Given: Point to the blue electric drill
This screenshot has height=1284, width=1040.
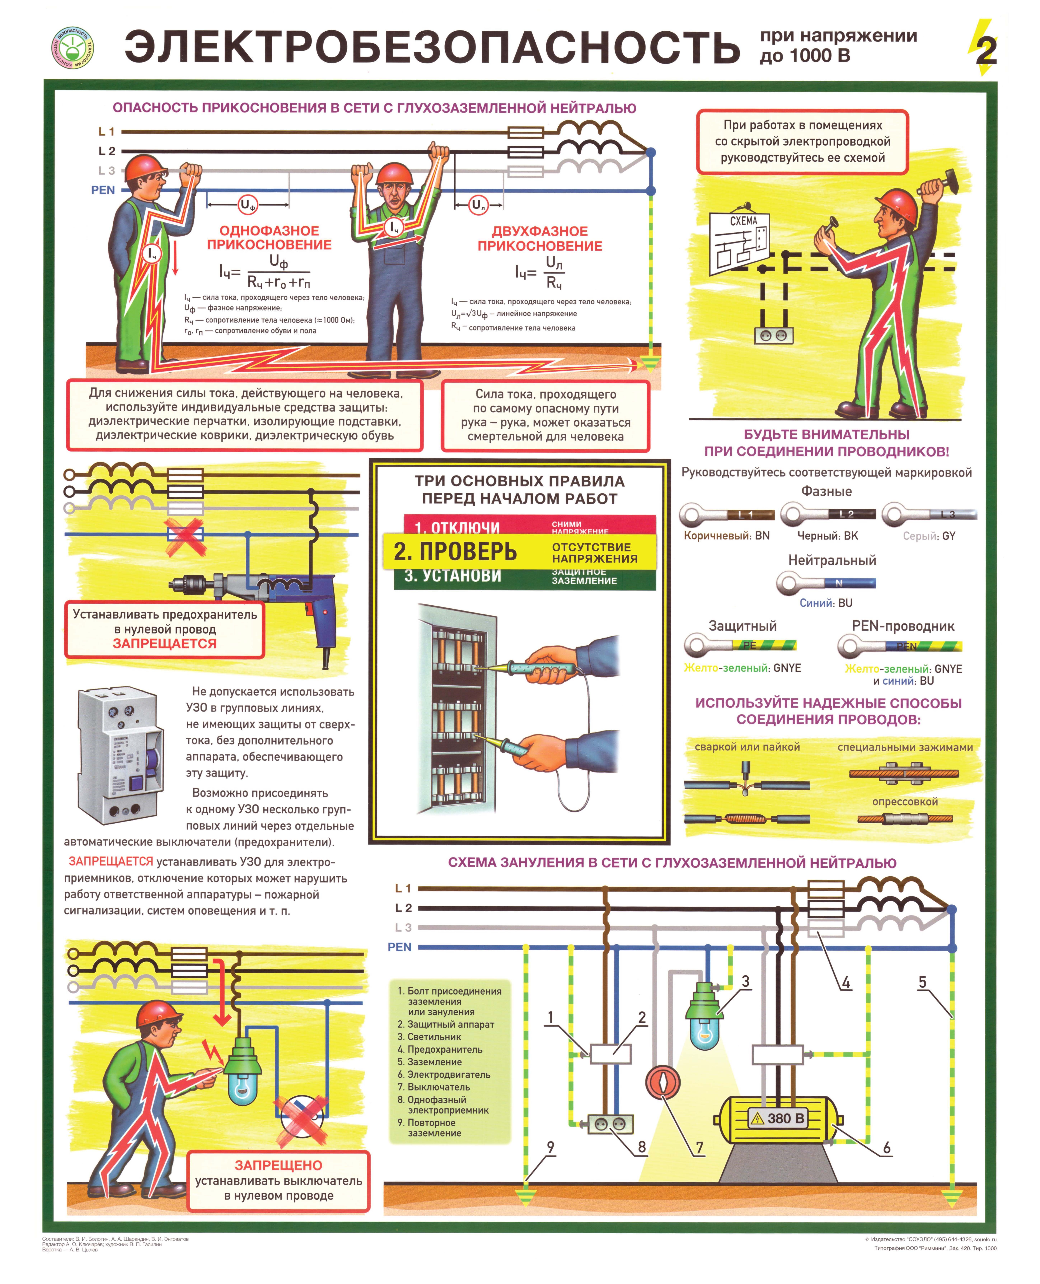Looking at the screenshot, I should click(x=264, y=593).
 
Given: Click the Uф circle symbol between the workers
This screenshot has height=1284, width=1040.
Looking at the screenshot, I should click(x=247, y=205).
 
